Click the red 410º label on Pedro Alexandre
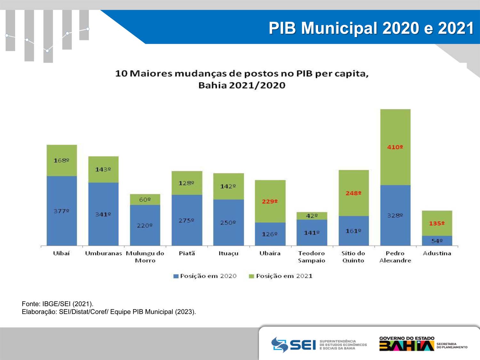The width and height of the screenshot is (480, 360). [x=395, y=147]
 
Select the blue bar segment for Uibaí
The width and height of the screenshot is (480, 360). [x=62, y=211]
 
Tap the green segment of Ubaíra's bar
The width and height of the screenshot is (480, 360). [x=270, y=201]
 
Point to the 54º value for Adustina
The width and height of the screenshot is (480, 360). [x=437, y=241]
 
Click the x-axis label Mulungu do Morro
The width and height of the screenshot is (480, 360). [x=145, y=257]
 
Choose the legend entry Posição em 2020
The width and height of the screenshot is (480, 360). [x=205, y=276]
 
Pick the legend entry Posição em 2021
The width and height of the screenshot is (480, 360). [x=281, y=276]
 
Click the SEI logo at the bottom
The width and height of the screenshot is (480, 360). [x=319, y=345]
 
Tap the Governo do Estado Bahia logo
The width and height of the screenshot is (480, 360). [x=423, y=344]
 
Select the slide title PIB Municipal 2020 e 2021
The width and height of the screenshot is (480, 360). [x=371, y=28]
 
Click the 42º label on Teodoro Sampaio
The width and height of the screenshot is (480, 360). [x=312, y=216]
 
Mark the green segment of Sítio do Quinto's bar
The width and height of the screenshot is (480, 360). [x=354, y=193]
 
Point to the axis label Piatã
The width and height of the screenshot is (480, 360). [x=187, y=253]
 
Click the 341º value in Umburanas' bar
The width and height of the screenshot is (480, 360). [x=103, y=214]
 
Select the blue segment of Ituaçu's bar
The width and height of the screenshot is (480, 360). [x=228, y=222]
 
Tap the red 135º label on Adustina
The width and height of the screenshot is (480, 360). [x=437, y=223]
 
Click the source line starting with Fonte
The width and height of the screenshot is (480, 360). [x=58, y=304]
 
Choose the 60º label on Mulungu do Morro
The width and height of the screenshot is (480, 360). [x=145, y=200]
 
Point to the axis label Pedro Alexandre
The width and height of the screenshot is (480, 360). [x=395, y=257]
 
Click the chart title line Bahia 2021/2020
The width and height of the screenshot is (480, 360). [x=242, y=85]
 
